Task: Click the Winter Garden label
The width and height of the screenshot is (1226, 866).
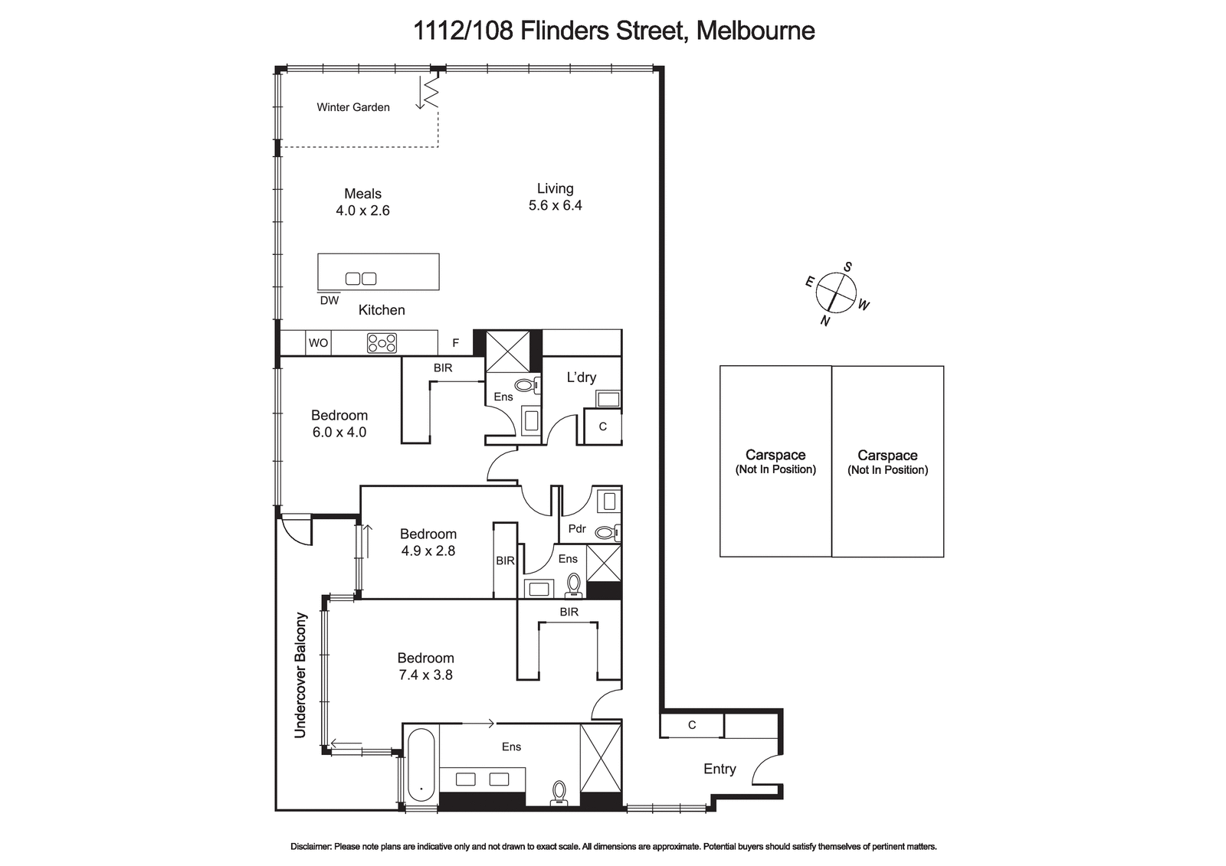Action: (353, 107)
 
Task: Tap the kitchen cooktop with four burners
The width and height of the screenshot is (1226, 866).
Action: (382, 343)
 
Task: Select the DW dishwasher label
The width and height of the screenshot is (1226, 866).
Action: (329, 300)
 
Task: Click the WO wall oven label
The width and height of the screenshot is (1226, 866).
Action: (319, 343)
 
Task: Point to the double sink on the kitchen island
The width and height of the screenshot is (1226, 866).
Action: (361, 279)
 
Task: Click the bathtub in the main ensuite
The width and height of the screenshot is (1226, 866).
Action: (421, 765)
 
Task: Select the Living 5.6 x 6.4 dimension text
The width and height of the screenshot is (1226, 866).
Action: (555, 205)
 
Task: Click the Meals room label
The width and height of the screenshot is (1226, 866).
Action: (362, 194)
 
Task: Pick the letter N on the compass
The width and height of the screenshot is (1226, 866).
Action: (824, 321)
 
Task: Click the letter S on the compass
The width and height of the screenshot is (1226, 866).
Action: (847, 267)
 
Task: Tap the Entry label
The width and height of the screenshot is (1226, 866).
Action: (720, 769)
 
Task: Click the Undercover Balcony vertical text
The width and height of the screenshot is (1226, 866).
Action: (300, 675)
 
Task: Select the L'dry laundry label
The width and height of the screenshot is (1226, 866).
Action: (582, 377)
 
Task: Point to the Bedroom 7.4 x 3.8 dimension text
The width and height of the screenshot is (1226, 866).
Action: (426, 675)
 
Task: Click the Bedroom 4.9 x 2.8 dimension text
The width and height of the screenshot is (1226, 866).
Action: (428, 551)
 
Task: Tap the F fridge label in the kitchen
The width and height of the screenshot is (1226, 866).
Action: (455, 343)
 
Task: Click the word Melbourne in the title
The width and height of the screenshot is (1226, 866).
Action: (756, 31)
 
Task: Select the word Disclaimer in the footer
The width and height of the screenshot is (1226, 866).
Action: (310, 846)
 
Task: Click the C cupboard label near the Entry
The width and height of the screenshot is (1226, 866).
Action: (692, 725)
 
